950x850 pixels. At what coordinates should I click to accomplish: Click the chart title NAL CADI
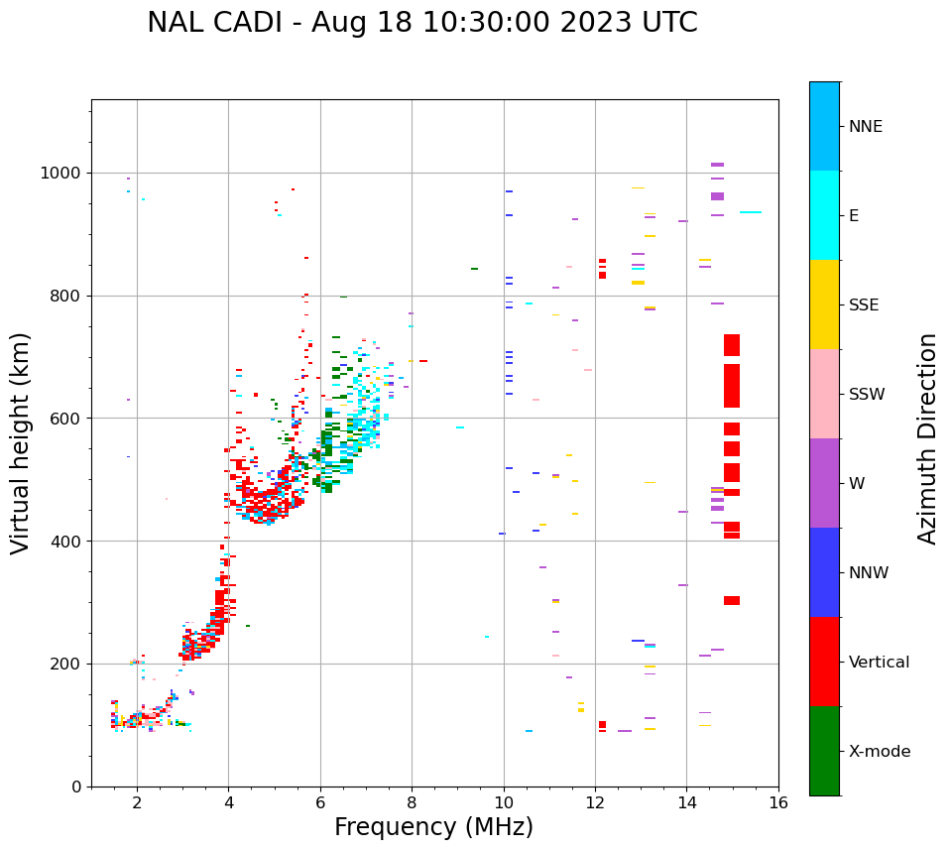click(x=421, y=23)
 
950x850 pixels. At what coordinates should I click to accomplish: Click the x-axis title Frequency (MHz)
click(x=433, y=827)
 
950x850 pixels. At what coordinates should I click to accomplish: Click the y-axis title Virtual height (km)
click(x=21, y=442)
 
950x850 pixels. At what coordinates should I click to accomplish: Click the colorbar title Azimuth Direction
click(x=927, y=438)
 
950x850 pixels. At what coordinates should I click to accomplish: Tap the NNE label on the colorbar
click(x=865, y=127)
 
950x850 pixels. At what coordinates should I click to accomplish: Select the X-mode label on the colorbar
click(x=879, y=752)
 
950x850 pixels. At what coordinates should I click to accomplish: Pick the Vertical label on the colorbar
click(x=879, y=663)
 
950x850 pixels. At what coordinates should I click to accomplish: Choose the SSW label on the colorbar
click(x=866, y=395)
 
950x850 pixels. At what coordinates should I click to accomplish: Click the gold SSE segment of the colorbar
click(x=824, y=304)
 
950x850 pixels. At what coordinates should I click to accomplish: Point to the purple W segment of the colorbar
click(x=824, y=483)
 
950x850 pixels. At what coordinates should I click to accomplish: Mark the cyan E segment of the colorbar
click(x=824, y=215)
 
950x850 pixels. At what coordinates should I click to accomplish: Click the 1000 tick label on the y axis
click(x=61, y=173)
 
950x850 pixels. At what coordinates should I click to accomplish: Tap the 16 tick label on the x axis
click(x=778, y=802)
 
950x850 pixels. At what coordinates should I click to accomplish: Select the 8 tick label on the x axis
click(x=412, y=802)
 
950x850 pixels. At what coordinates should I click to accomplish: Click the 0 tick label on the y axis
click(x=76, y=787)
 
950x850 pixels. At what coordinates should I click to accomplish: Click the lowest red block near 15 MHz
click(x=731, y=600)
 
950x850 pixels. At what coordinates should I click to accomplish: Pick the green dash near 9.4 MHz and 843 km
click(x=474, y=269)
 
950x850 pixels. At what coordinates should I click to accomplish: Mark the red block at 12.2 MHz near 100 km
click(x=602, y=725)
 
